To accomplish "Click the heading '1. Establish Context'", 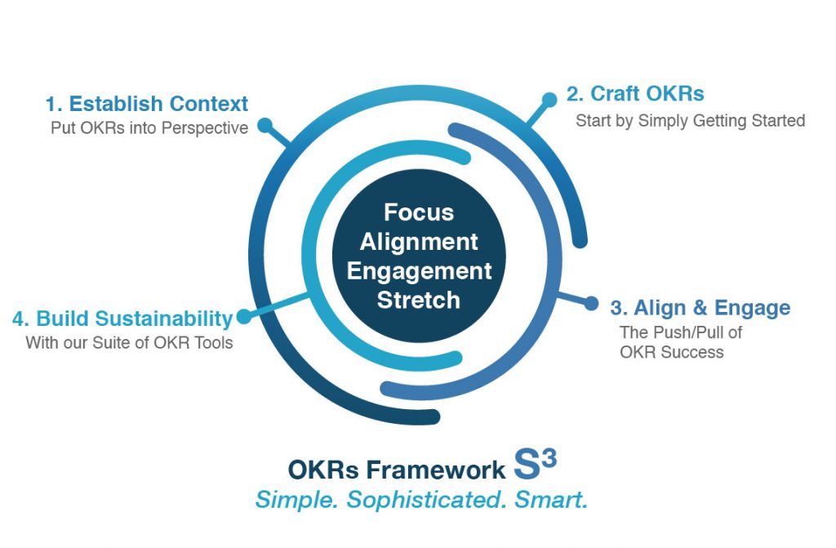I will coord(147,104).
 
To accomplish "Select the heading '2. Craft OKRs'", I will coord(635,93).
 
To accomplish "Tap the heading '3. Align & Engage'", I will coord(700,308).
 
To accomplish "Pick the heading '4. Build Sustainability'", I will coord(123,318).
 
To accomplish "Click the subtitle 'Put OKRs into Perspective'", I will coord(149,128).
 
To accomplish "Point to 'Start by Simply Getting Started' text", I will coord(690,121).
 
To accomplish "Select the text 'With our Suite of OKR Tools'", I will coord(129,342).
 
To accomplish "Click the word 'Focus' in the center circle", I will coord(418,212).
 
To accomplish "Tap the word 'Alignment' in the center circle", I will coord(419,242).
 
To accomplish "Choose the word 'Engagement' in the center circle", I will coord(419,271).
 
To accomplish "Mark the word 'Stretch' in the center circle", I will coord(418,300).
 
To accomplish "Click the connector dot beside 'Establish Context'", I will coord(265,126).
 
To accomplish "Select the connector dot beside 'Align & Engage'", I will coord(591,304).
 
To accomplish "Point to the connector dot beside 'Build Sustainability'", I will coord(242,317).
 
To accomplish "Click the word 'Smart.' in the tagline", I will coord(551,499).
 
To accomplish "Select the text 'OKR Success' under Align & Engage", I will coord(671,352).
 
